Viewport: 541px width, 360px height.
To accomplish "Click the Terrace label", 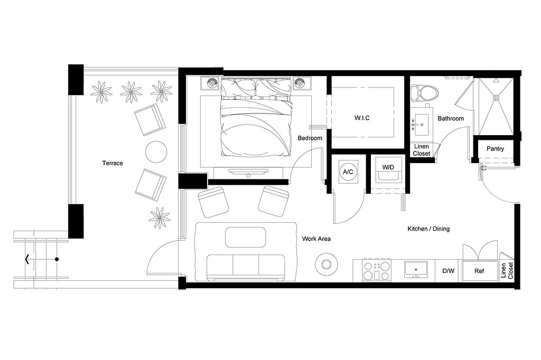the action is click(113, 163).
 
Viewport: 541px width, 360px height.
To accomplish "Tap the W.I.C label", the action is click(362, 118).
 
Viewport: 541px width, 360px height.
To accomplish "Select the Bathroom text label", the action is click(451, 119).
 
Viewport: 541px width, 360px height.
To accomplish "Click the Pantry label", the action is click(495, 149).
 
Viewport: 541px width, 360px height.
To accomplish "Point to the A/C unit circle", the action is click(348, 172).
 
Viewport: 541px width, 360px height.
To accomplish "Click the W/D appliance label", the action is click(388, 167).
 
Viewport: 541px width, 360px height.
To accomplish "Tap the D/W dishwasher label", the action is click(448, 271).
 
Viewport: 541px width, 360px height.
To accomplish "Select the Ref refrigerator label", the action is click(479, 271).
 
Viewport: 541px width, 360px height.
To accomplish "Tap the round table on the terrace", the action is click(156, 152).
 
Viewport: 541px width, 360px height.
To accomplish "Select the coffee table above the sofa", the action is click(245, 237).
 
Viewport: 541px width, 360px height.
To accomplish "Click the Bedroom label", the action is click(310, 138).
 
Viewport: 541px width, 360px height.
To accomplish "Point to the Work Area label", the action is click(316, 239).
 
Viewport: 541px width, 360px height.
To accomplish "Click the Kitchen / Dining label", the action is click(428, 229).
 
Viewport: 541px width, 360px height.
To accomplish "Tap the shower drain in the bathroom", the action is click(496, 97).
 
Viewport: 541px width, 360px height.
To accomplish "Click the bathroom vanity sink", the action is click(421, 125).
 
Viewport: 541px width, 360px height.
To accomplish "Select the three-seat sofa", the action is click(246, 267).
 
